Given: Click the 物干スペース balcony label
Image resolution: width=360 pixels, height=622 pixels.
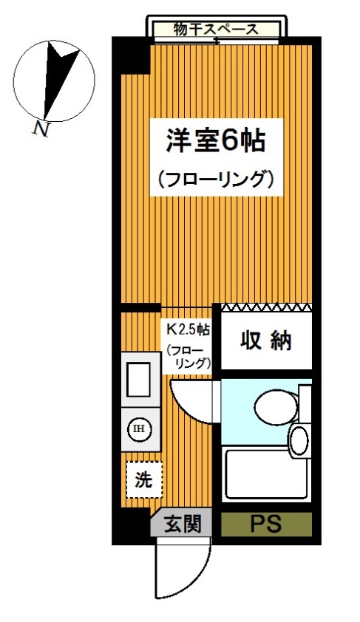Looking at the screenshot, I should [216, 30].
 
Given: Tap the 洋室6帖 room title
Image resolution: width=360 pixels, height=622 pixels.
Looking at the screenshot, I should [214, 140].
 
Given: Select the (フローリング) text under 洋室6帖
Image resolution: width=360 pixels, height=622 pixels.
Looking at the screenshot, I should [216, 180].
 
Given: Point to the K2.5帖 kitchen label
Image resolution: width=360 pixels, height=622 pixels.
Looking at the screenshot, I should [187, 328].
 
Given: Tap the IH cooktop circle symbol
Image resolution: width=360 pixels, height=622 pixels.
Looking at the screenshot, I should [138, 428].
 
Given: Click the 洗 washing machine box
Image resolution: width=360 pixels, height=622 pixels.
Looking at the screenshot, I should [140, 480].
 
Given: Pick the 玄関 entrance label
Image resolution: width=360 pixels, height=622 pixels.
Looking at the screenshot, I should [182, 525].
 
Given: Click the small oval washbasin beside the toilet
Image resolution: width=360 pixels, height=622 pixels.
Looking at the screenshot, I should [299, 440].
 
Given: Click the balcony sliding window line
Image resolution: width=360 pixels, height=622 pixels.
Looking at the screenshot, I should [216, 42].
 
